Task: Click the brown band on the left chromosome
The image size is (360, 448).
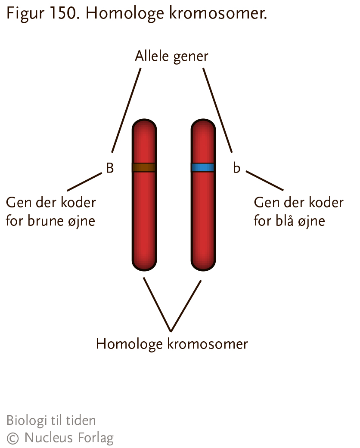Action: coord(144,167)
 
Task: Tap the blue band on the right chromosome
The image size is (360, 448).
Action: coord(203,167)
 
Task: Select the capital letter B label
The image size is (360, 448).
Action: coord(110,168)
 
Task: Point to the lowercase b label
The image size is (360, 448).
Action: coord(236,168)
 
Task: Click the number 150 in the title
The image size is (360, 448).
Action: coord(65,13)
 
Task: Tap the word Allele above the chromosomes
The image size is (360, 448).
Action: coord(152,56)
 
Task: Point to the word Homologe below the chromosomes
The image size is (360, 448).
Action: coord(129,344)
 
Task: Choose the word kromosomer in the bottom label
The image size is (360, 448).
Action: coord(207,344)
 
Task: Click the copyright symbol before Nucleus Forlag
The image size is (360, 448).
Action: coord(12,438)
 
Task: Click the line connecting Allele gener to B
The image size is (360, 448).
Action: coord(126,110)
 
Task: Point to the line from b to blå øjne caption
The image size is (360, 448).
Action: coord(264,181)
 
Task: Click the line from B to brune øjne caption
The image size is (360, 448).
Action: coord(84,182)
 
